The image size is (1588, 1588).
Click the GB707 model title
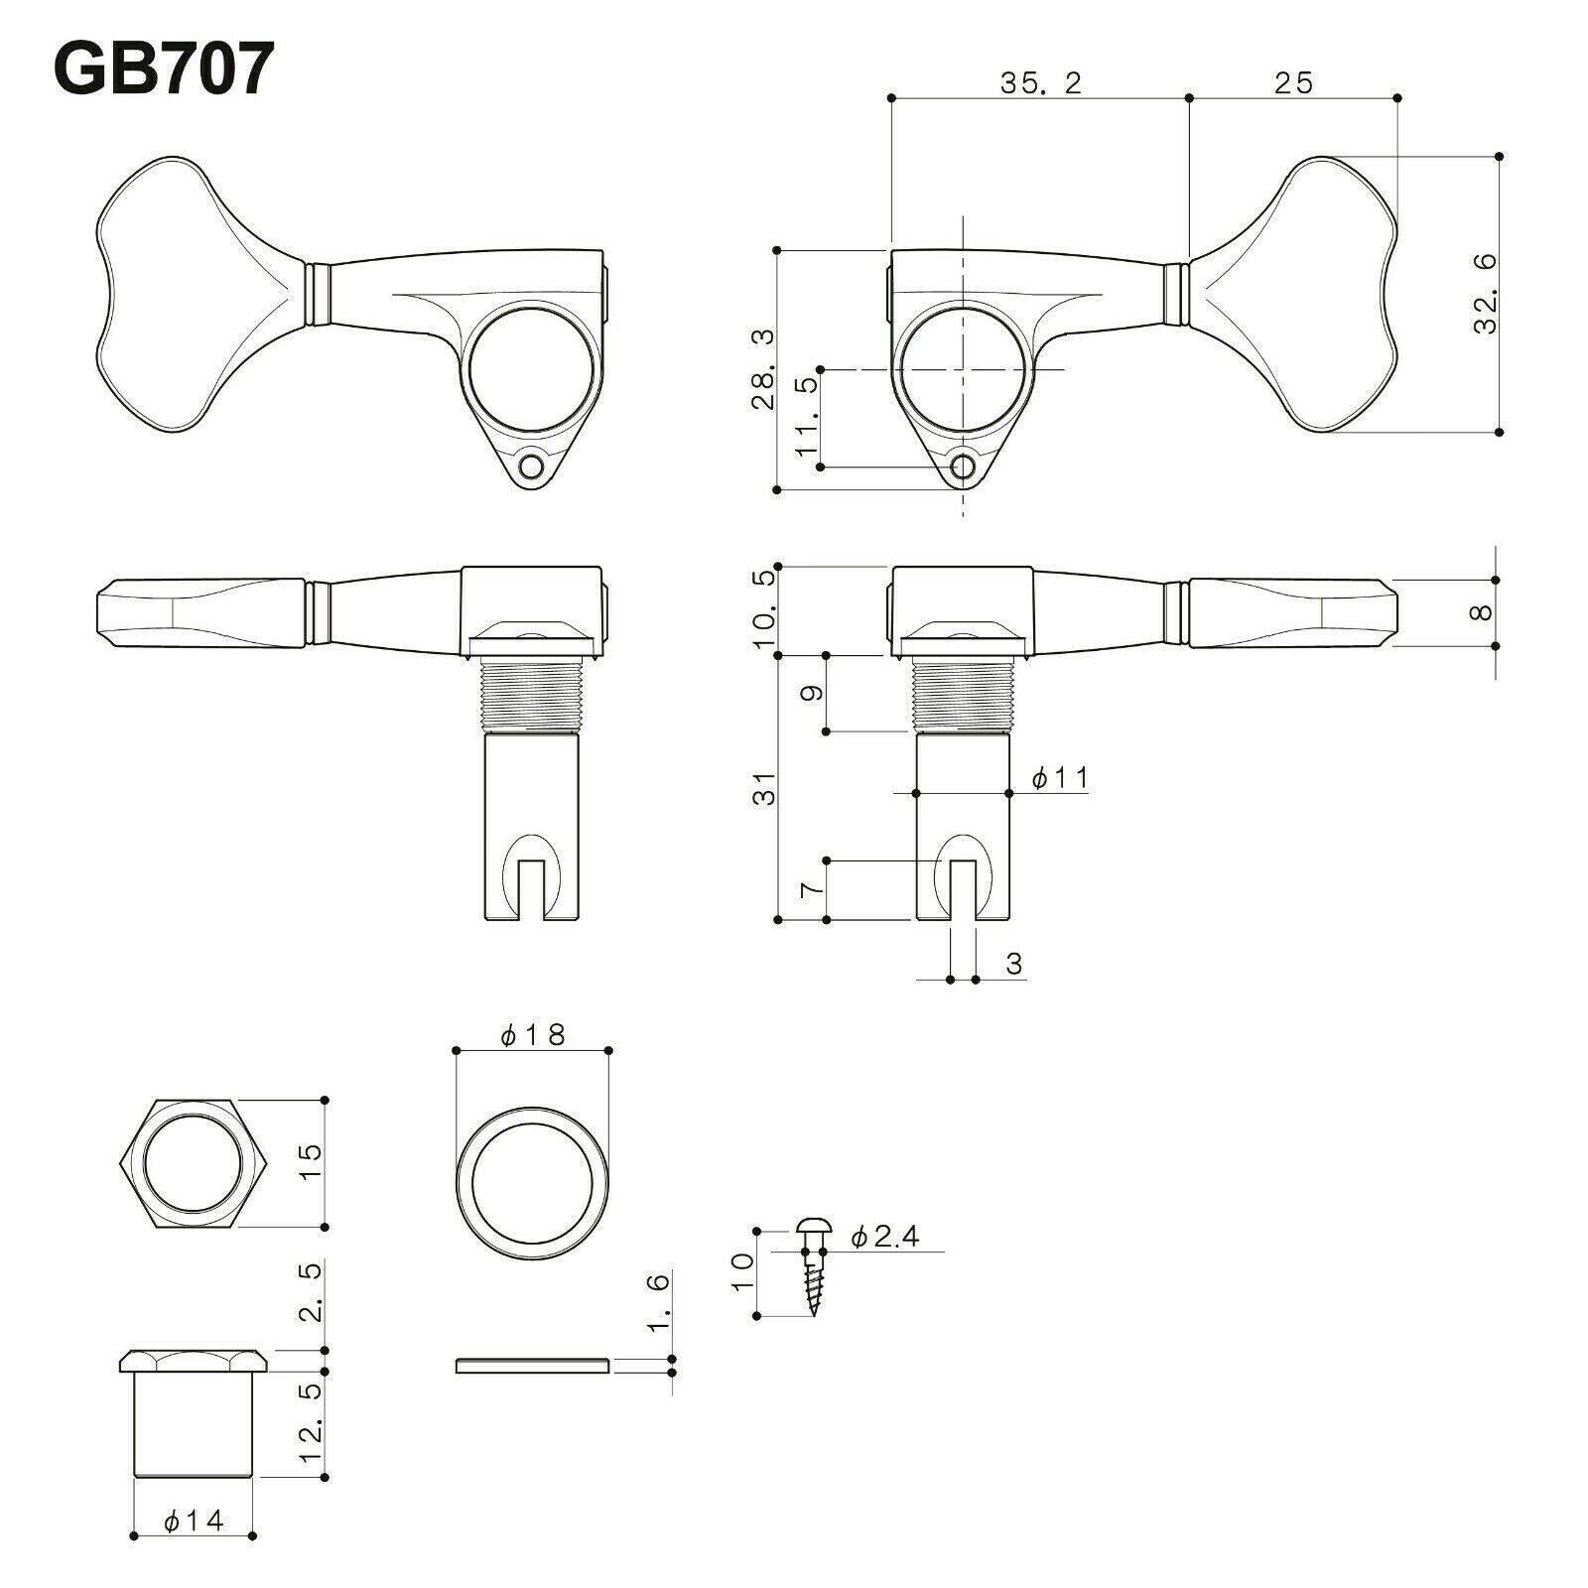tap(161, 69)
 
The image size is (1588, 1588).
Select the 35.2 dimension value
tap(1039, 83)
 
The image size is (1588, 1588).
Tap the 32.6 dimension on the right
tap(1484, 294)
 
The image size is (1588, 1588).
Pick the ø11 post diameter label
tap(1059, 778)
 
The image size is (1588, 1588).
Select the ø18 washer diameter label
tap(532, 1035)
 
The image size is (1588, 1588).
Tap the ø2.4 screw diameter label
tap(885, 1237)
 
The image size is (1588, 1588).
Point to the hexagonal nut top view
tap(194, 1164)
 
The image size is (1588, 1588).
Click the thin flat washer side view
tap(532, 1367)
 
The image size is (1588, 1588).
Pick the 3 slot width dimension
tap(1013, 963)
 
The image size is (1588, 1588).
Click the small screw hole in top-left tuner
tap(535, 465)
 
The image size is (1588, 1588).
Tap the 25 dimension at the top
tap(1292, 83)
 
